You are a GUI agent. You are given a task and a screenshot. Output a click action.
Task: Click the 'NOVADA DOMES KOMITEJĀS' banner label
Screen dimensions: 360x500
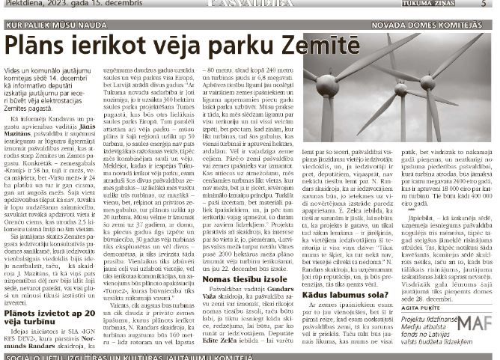[443, 25]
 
